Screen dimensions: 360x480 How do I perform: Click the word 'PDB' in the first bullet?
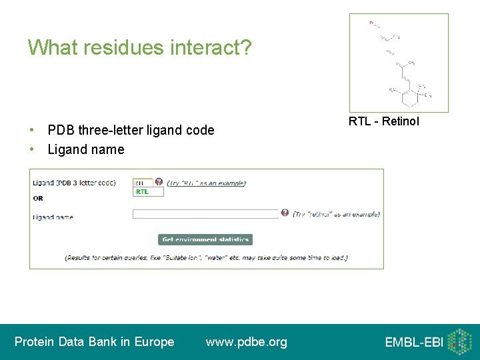(61, 130)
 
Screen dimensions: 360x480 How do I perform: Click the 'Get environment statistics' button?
(205, 239)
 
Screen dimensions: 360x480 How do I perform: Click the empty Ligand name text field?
(205, 214)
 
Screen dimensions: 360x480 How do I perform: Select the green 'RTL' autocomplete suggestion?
(143, 191)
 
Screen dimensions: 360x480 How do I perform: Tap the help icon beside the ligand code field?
(159, 182)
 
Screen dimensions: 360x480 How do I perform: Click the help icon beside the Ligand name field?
(285, 213)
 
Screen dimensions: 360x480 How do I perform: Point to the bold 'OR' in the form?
(38, 198)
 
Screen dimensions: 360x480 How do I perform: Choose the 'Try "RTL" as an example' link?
(207, 183)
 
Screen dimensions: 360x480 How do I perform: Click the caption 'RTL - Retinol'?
(384, 121)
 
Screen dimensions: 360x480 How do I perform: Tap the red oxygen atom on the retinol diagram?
(371, 23)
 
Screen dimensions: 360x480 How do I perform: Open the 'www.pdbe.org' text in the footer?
(247, 342)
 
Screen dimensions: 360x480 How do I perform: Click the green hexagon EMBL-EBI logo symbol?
(459, 341)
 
